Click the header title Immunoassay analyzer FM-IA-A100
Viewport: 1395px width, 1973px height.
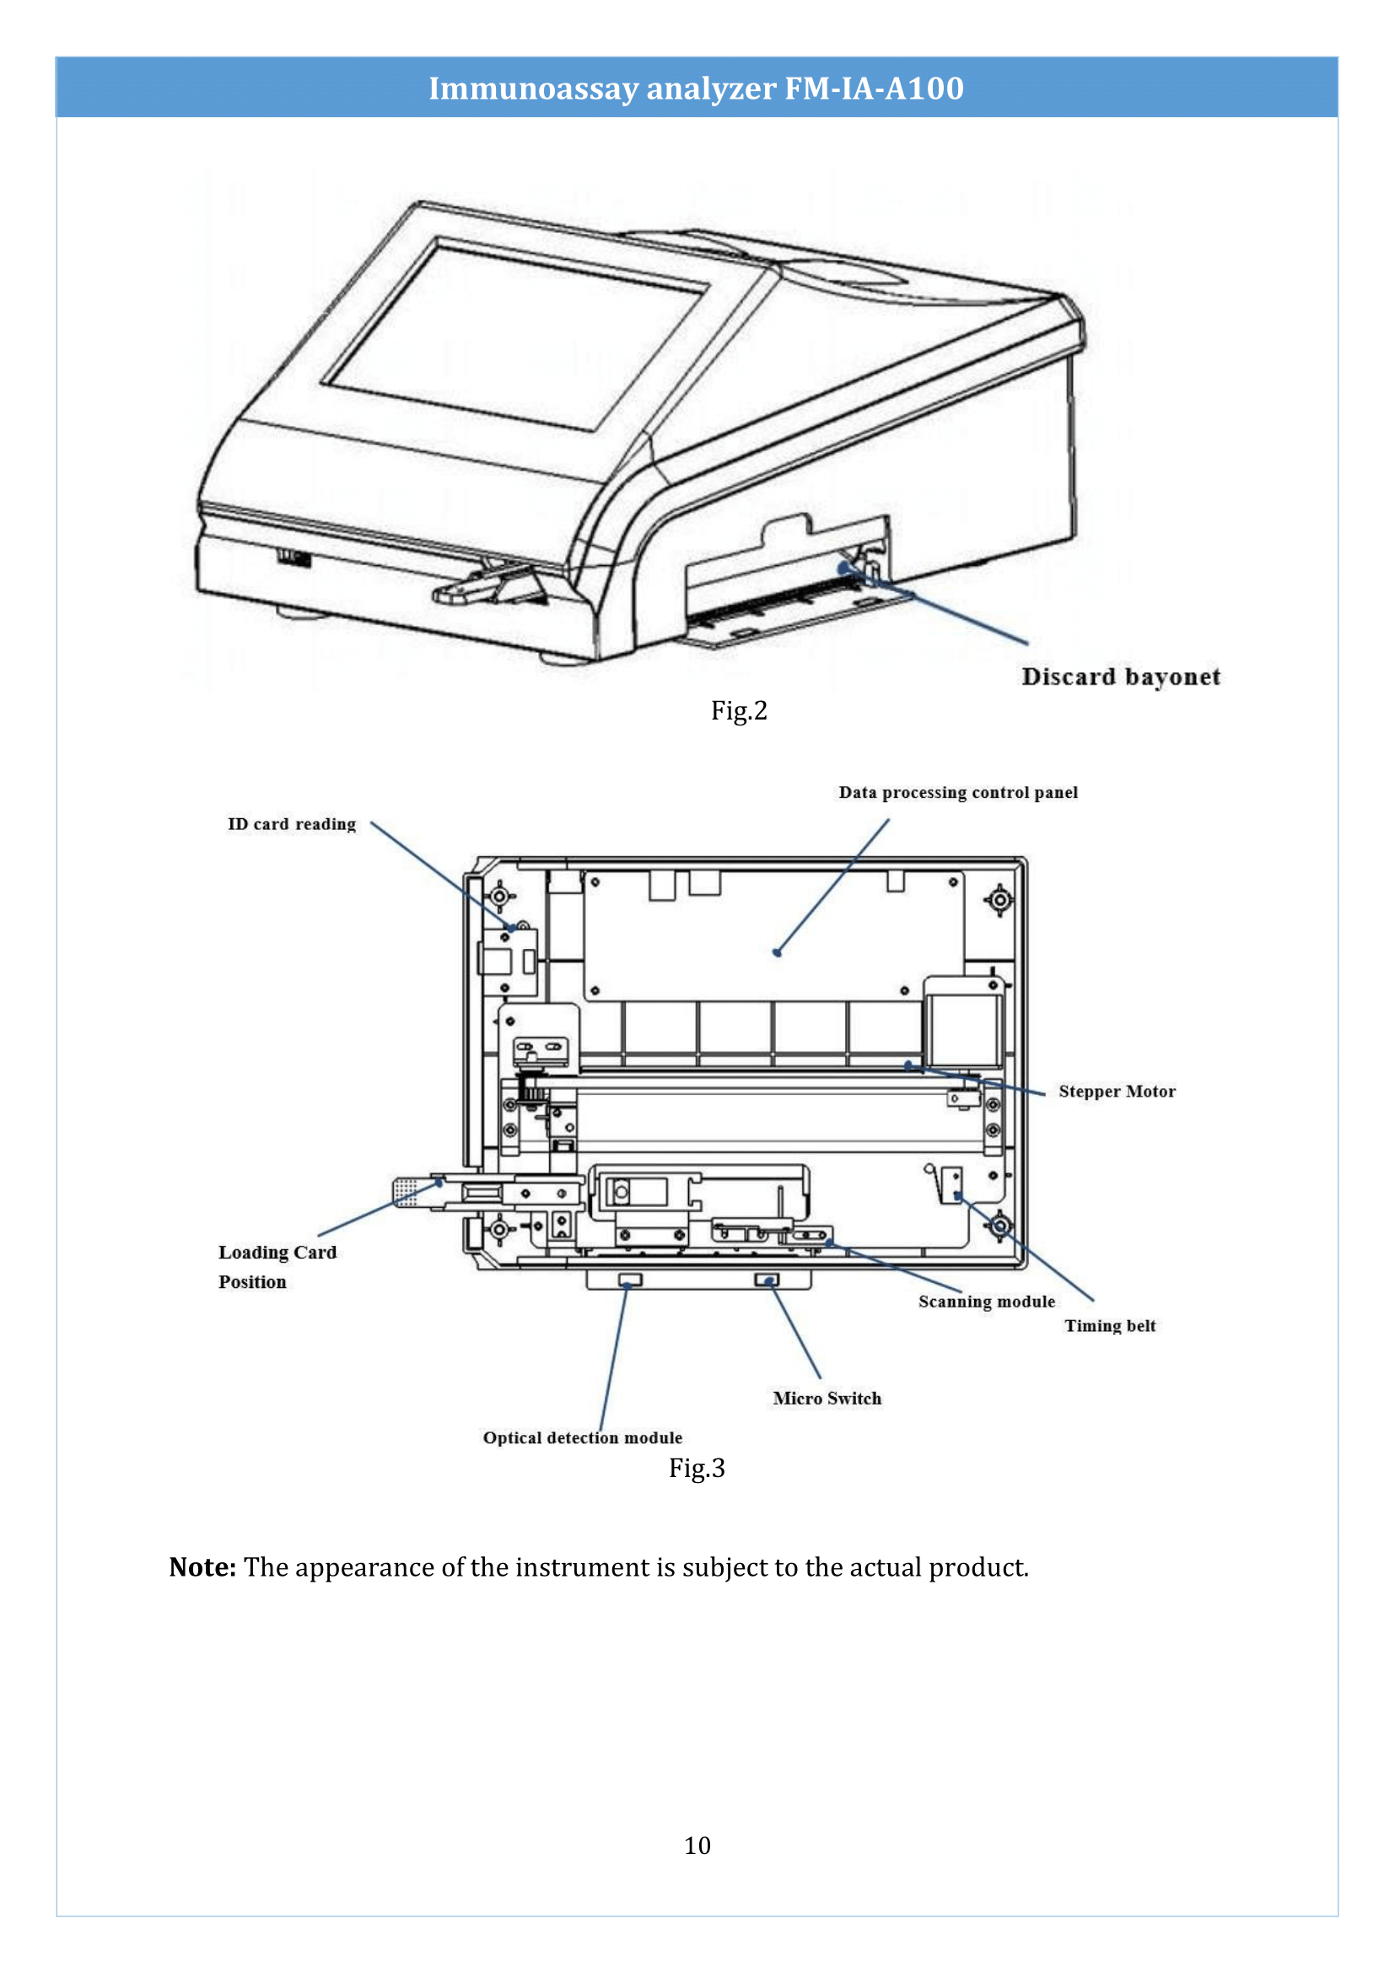tap(696, 88)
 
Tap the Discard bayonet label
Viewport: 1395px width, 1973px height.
tap(1120, 677)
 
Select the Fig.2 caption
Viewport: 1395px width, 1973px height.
tap(738, 710)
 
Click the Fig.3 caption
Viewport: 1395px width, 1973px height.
tap(697, 1468)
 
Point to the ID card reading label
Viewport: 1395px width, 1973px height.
tap(291, 824)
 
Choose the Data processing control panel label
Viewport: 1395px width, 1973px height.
tap(958, 792)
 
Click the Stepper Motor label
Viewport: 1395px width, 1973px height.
tap(1116, 1092)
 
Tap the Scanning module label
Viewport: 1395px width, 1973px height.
tap(986, 1301)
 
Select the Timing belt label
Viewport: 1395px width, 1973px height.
tap(1110, 1326)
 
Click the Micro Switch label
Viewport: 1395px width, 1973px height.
tap(827, 1398)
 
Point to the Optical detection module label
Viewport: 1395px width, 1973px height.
tap(583, 1437)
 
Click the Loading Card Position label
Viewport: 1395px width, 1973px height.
tap(277, 1267)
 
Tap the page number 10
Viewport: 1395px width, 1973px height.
tap(697, 1845)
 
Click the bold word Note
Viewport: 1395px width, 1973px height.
tap(202, 1567)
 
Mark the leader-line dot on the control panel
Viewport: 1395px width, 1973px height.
tap(777, 952)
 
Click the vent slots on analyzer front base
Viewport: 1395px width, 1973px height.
tap(293, 558)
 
